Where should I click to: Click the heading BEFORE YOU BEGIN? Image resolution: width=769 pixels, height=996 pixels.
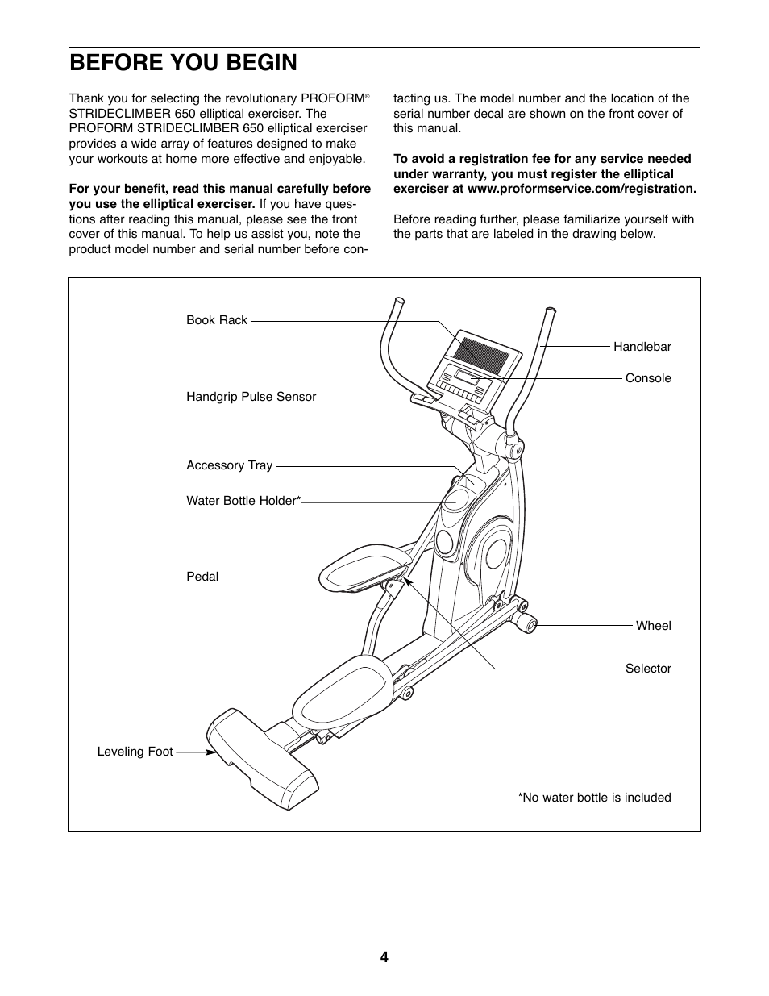tap(183, 63)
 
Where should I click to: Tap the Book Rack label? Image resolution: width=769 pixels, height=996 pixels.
tap(217, 320)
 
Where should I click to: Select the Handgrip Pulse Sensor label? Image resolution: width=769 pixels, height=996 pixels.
tap(251, 397)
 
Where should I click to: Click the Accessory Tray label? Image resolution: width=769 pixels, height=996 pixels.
tap(229, 465)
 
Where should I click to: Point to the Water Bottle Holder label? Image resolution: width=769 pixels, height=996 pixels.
tap(243, 501)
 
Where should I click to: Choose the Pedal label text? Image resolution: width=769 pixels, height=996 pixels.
tap(202, 577)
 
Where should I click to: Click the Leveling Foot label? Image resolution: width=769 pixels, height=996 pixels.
tap(135, 752)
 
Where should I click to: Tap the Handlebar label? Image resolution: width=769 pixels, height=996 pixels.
tap(642, 347)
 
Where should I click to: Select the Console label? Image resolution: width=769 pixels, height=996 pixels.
tap(648, 378)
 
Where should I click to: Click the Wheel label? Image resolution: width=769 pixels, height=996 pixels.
tap(653, 626)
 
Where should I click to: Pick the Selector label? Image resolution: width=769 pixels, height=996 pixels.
tap(648, 669)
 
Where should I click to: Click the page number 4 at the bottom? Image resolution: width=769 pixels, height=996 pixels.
tap(384, 957)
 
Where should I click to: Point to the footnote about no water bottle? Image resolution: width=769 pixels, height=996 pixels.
tap(594, 798)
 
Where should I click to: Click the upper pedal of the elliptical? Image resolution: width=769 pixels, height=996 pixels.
tap(360, 569)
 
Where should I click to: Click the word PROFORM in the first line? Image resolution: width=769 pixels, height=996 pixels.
tap(332, 98)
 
